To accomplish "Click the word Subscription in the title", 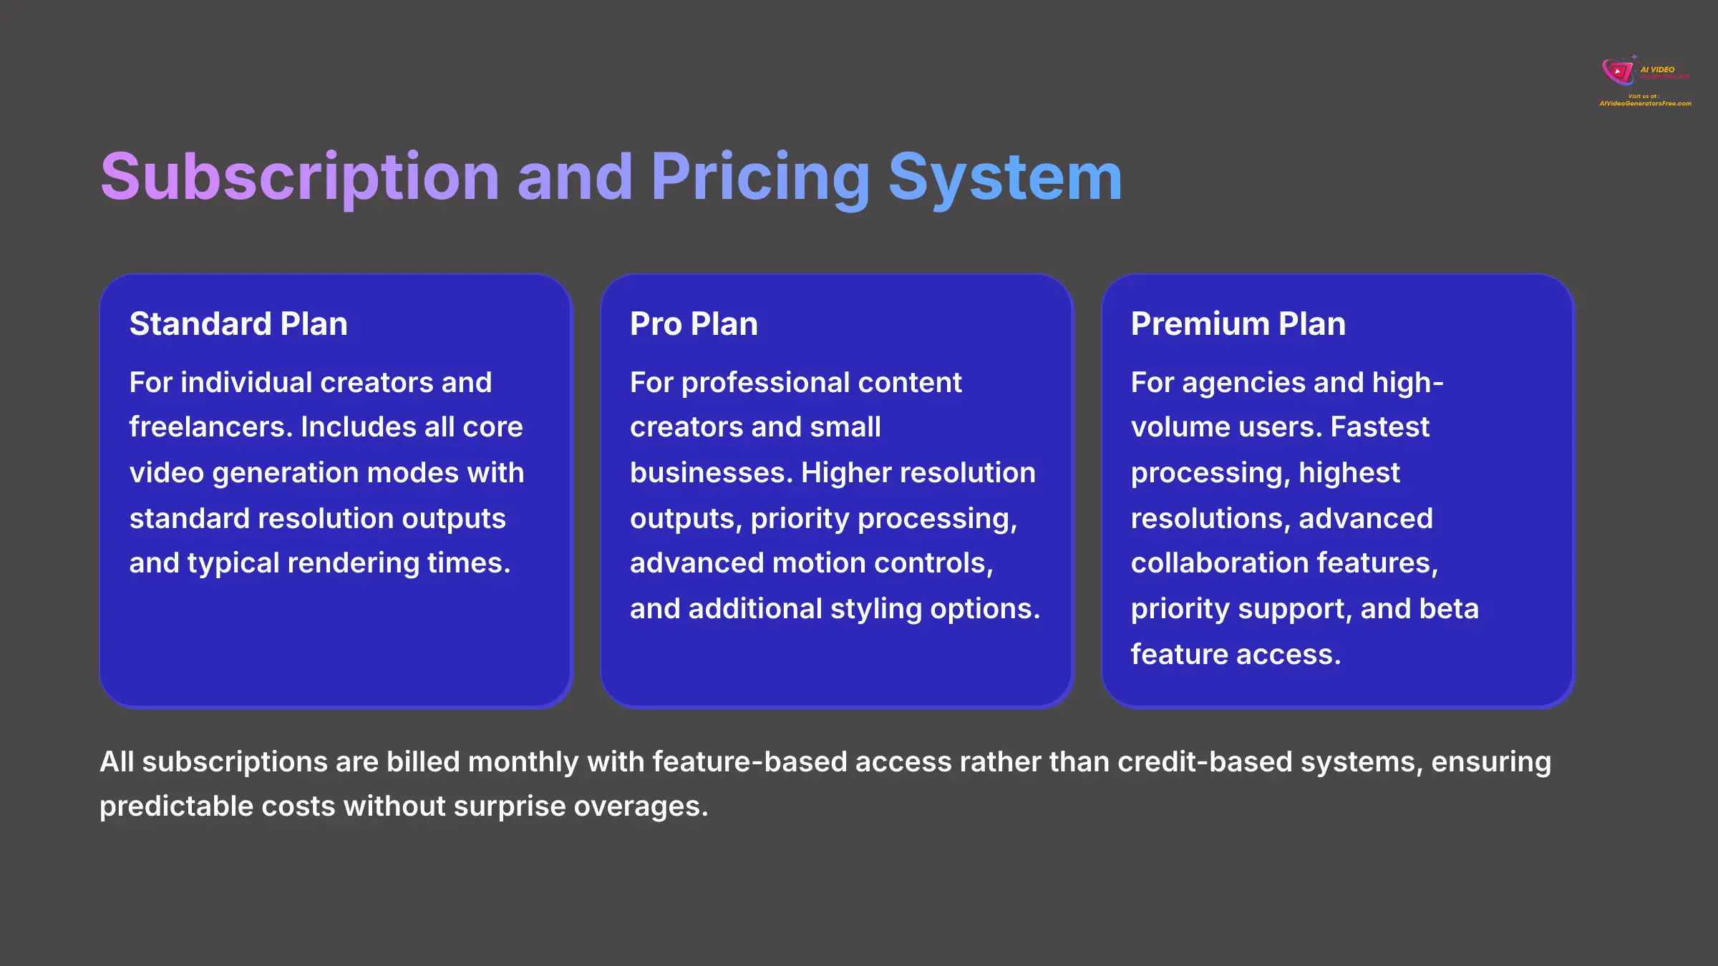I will (x=299, y=177).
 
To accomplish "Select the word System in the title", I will (x=1005, y=177).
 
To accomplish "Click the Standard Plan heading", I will (x=238, y=323).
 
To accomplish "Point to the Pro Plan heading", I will (x=694, y=323).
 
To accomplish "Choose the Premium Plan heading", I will (x=1238, y=323).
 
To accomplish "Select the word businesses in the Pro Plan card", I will (x=710, y=473).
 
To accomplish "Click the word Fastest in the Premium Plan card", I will (x=1379, y=427).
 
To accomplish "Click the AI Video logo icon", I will (x=1618, y=71).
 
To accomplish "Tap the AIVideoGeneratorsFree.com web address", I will (x=1645, y=104).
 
